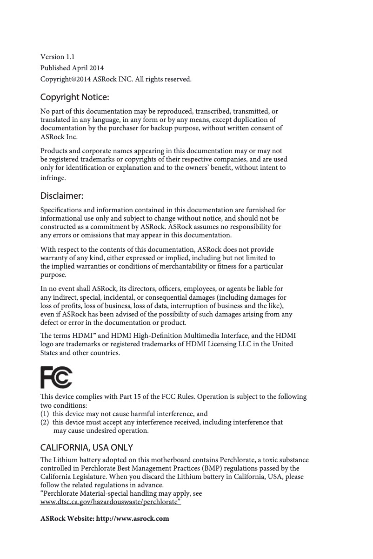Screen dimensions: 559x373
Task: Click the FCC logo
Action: pos(56,377)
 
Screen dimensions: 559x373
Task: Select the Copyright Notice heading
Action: pos(75,98)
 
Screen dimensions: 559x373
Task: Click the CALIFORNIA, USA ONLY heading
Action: pos(87,448)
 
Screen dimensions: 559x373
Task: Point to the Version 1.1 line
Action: pos(58,57)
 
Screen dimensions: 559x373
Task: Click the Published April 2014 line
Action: pos(72,68)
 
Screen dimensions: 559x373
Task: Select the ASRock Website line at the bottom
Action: pos(105,519)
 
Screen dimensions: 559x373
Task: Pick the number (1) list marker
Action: pos(45,414)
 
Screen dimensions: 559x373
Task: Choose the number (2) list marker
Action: pos(45,422)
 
